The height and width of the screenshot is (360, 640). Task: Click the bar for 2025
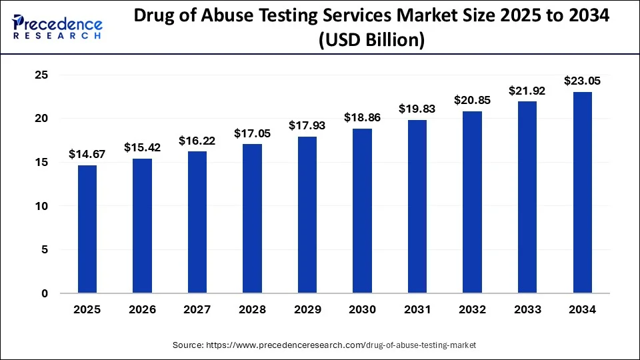[x=87, y=229]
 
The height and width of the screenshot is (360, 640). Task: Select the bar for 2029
[x=307, y=215]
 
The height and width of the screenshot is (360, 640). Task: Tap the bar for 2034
[x=582, y=192]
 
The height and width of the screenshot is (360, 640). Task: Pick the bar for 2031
[x=417, y=206]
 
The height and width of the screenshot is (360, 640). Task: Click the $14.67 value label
[x=87, y=154]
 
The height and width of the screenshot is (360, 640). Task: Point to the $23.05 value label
[x=582, y=81]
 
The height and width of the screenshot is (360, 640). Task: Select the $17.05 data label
[x=252, y=133]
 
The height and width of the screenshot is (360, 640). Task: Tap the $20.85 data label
[x=472, y=100]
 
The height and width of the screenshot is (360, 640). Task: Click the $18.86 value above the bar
[x=362, y=117]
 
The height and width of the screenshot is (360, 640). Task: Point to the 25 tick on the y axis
[x=41, y=75]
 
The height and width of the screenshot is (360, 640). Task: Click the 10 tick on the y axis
[x=41, y=206]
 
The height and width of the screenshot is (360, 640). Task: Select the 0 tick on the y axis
[x=45, y=293]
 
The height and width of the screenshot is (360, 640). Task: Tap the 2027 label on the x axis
[x=197, y=310]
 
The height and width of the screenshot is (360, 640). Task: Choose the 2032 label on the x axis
[x=472, y=310]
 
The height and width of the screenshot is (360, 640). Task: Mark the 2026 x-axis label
[x=142, y=310]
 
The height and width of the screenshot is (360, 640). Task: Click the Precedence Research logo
[x=57, y=27]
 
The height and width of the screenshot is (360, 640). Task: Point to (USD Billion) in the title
[x=371, y=41]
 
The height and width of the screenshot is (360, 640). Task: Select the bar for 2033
[x=527, y=197]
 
